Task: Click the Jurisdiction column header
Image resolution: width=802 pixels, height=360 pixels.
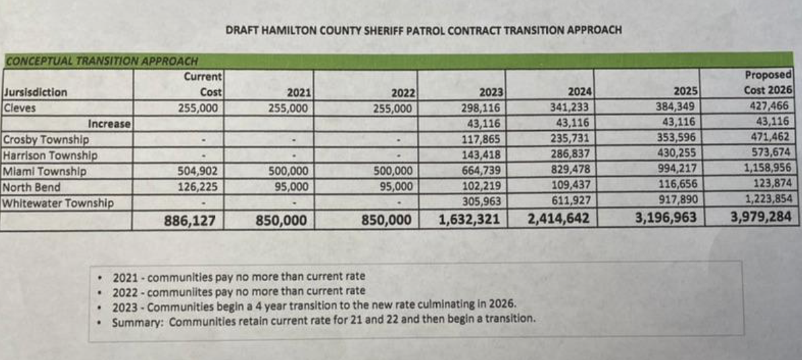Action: (x=36, y=93)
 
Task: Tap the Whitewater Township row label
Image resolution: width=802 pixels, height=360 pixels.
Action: (x=58, y=202)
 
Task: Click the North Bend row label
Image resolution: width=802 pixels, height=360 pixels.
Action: (x=32, y=187)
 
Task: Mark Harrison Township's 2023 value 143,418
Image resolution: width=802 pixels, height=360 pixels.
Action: (x=482, y=155)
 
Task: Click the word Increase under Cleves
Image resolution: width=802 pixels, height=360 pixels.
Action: (x=109, y=123)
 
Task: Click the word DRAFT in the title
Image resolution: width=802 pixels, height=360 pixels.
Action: (x=241, y=30)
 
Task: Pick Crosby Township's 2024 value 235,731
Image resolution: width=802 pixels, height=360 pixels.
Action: (x=569, y=139)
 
